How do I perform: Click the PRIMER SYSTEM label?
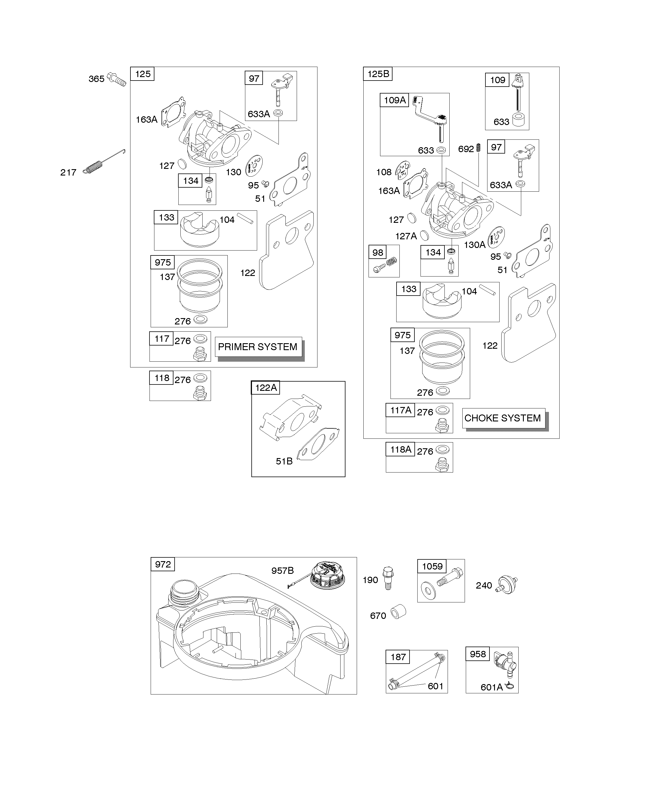pos(257,347)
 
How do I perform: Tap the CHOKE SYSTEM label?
pos(502,418)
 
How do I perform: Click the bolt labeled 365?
pos(116,79)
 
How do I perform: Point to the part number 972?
pos(163,564)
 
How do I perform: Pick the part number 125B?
pos(378,74)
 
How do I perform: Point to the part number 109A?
pos(395,100)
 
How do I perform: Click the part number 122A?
pos(266,388)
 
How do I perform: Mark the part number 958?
pos(478,654)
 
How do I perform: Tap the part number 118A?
pos(400,450)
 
